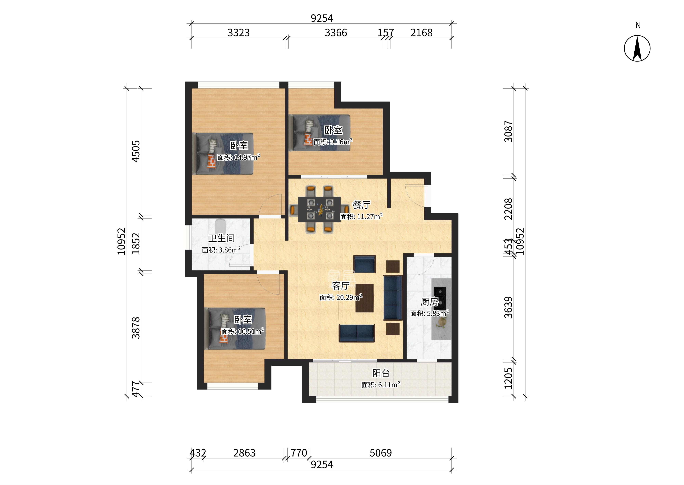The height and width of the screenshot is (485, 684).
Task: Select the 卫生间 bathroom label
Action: coord(222,238)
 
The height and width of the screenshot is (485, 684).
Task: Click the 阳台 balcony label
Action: coord(381,373)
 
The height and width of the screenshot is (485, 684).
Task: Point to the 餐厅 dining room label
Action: coord(362,205)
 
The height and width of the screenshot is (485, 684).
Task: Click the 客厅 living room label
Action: coord(341,286)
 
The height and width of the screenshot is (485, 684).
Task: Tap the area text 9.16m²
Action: coord(341,142)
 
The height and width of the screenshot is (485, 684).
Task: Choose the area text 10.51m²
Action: coord(251,332)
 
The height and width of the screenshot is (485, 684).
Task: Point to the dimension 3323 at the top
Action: coord(239,33)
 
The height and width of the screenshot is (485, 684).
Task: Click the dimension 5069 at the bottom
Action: coord(381,453)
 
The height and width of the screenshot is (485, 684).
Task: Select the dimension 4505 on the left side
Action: coord(136,151)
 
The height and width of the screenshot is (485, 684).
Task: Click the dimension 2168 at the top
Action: coord(421,33)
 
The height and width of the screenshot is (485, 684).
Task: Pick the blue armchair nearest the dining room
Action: coord(364,264)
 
